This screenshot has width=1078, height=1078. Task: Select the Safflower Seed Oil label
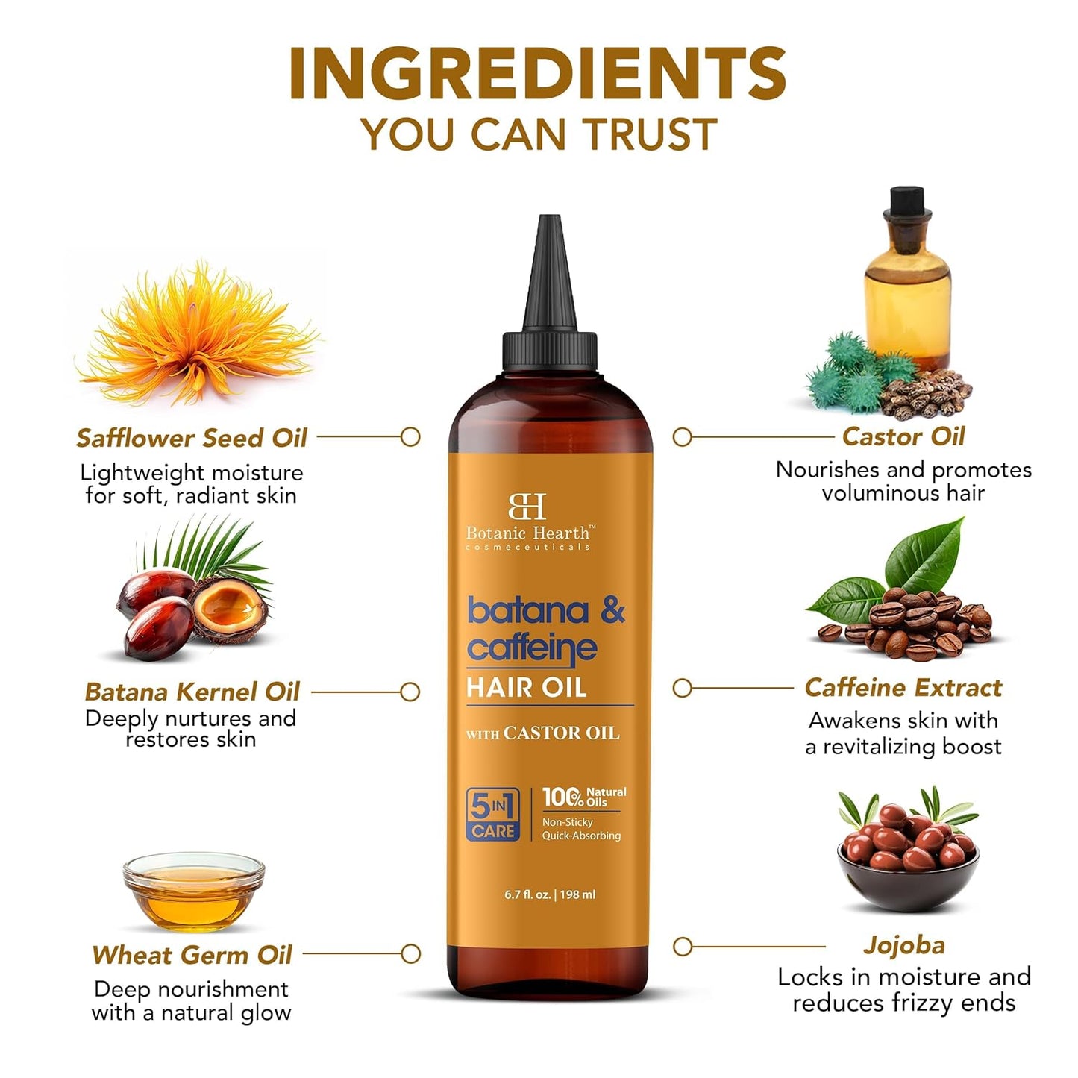tap(192, 438)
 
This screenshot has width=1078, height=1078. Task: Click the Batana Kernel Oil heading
tap(192, 692)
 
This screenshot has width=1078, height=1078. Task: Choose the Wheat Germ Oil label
tap(192, 955)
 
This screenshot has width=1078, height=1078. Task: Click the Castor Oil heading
tap(903, 436)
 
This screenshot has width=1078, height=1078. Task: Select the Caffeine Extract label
tap(903, 687)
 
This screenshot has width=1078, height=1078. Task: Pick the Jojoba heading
tap(903, 945)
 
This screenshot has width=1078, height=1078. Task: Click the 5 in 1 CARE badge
tap(492, 815)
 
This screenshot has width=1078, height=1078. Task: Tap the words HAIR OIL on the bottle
tap(527, 687)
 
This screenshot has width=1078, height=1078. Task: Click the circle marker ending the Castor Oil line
tap(682, 437)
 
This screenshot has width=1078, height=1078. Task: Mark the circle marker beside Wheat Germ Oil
tap(410, 953)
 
